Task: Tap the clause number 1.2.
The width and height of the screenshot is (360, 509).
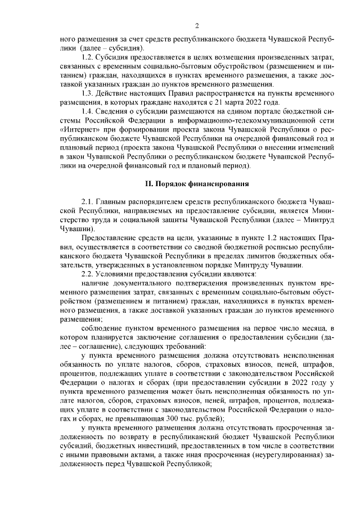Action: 88,58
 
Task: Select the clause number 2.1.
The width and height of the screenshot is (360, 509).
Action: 88,201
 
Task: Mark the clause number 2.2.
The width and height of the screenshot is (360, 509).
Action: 88,273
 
